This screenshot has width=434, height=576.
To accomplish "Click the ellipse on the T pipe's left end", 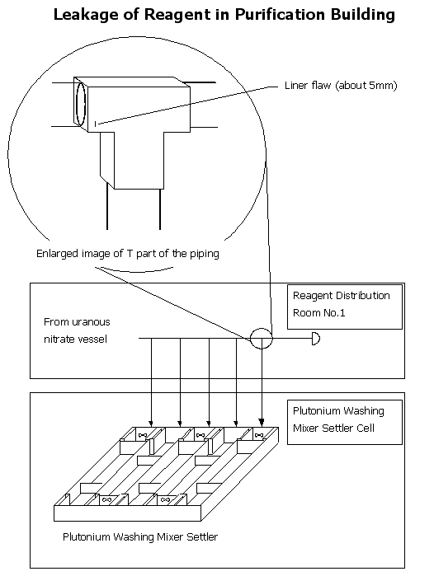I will (x=81, y=104).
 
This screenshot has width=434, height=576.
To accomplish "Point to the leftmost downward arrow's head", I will (x=151, y=423).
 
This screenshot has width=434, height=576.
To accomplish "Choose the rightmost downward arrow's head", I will (x=262, y=423).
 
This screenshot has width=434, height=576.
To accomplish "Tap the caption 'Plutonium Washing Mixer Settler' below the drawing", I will (x=140, y=536).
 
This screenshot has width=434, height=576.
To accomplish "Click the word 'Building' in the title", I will (x=361, y=14).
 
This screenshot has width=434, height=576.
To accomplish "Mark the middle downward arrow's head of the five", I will (x=209, y=423).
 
